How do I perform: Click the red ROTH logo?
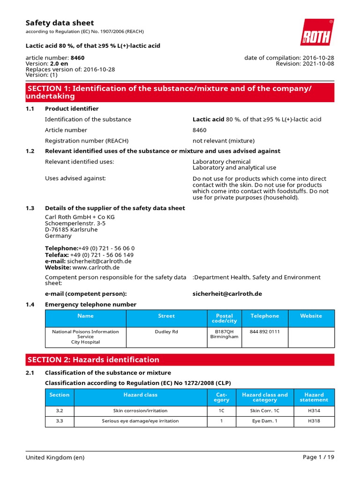click(317, 32)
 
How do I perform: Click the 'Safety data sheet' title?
click(60, 22)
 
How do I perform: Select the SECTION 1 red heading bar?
click(180, 92)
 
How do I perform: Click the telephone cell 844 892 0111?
click(264, 331)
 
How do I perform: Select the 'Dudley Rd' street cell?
click(166, 331)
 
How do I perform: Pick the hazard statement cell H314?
click(314, 410)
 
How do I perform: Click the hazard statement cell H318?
click(314, 421)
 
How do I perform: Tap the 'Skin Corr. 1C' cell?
click(264, 410)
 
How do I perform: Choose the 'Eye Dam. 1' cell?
click(264, 421)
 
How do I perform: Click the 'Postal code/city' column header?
click(224, 318)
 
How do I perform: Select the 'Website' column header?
click(311, 316)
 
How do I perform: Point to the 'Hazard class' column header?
click(140, 395)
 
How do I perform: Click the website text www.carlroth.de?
click(96, 267)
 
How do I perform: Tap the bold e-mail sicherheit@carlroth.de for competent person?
click(227, 293)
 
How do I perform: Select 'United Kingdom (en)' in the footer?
click(55, 457)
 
